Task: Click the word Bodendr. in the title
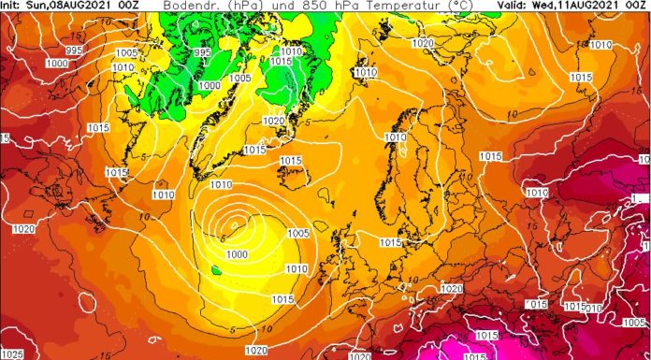187,6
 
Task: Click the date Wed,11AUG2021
570,6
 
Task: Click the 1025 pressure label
12,353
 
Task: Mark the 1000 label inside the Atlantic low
237,254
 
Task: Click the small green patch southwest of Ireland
216,270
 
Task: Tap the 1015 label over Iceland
291,161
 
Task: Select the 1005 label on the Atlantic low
297,233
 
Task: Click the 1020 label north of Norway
423,43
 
